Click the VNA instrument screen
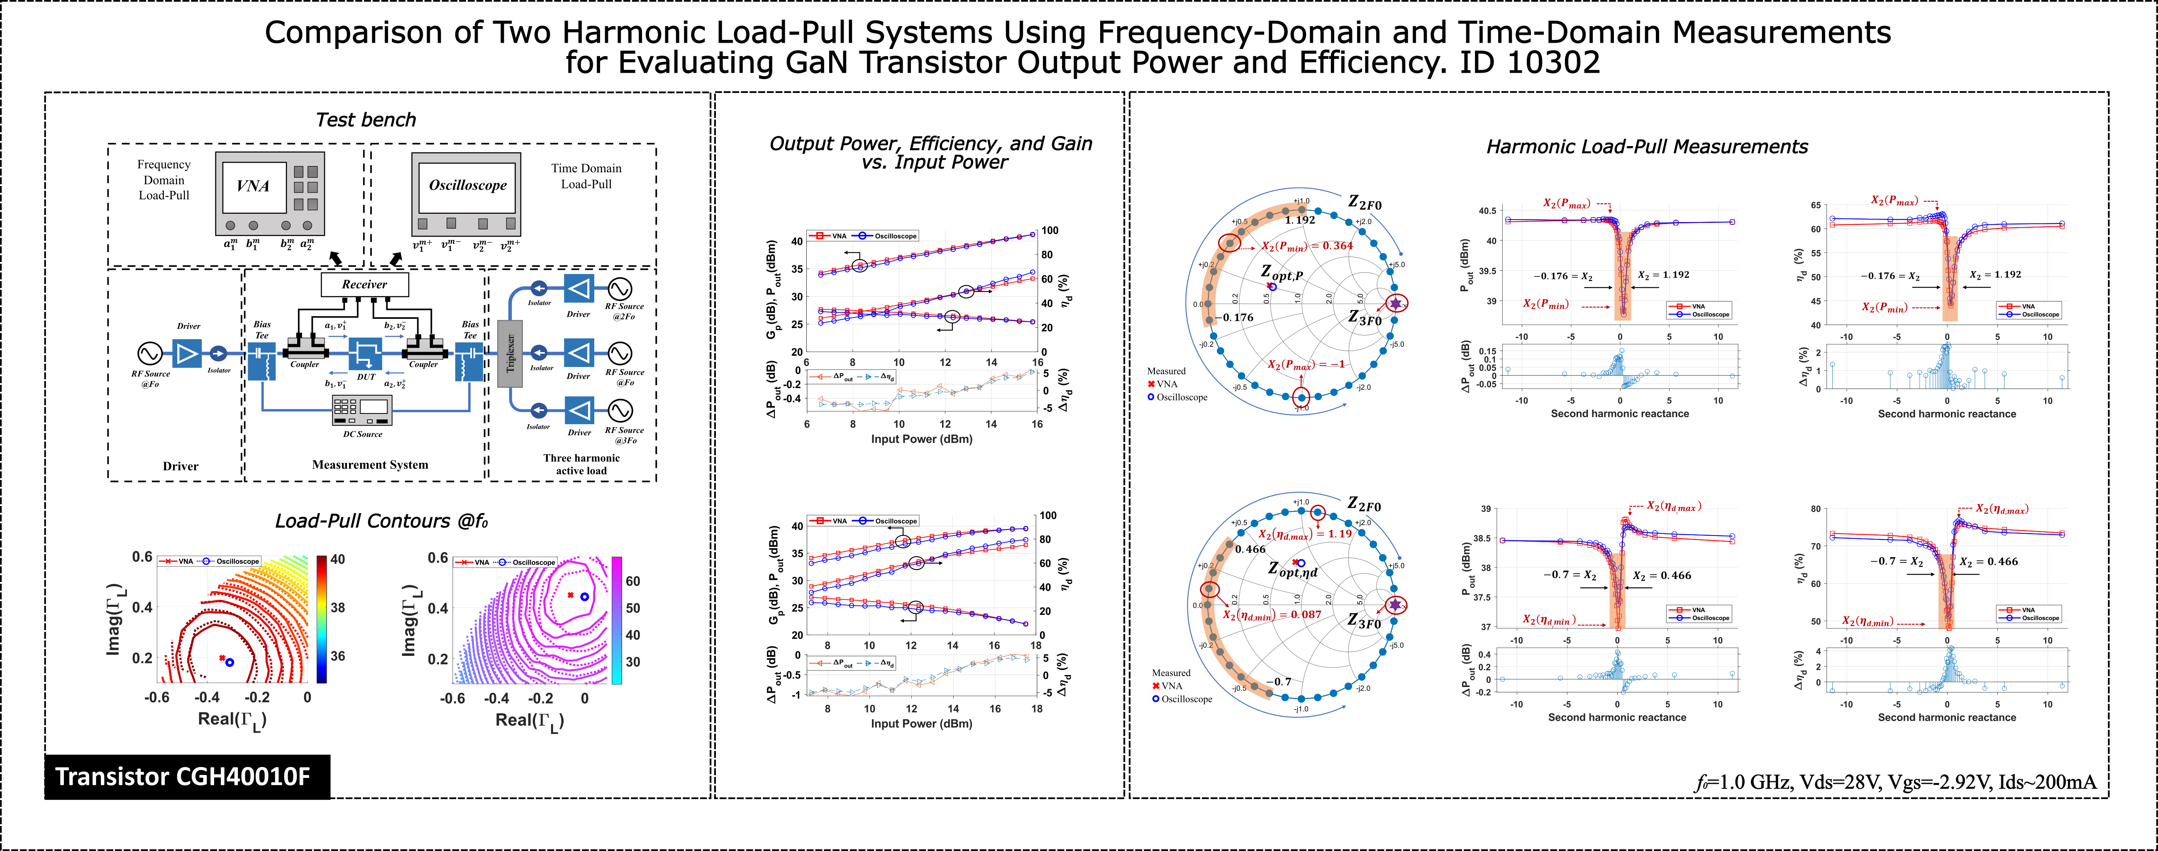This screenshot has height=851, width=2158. pyautogui.click(x=253, y=186)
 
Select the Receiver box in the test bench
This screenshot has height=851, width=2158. pyautogui.click(x=364, y=285)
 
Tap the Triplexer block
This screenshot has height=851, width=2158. pyautogui.click(x=510, y=353)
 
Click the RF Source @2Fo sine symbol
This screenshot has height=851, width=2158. pyautogui.click(x=620, y=289)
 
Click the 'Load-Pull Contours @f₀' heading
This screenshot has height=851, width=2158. pyautogui.click(x=381, y=521)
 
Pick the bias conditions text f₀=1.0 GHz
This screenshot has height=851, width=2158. pyautogui.click(x=1895, y=783)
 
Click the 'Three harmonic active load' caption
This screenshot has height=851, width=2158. pyautogui.click(x=581, y=464)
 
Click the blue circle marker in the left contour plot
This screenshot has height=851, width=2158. pyautogui.click(x=229, y=662)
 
